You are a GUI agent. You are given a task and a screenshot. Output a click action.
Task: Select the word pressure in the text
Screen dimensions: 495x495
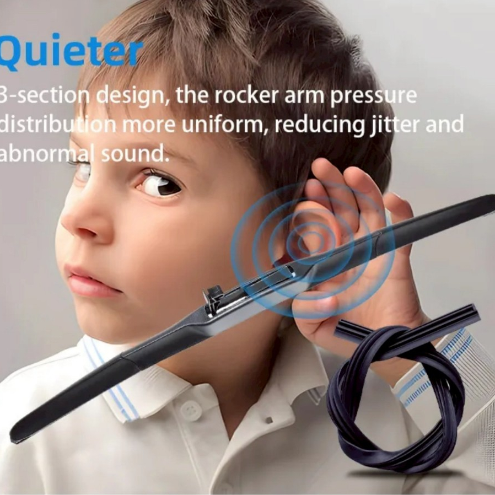click(373, 96)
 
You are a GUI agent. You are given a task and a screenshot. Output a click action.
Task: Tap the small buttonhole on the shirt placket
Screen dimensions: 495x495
click(269, 420)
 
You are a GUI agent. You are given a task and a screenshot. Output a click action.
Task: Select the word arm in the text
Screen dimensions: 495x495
click(304, 96)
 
